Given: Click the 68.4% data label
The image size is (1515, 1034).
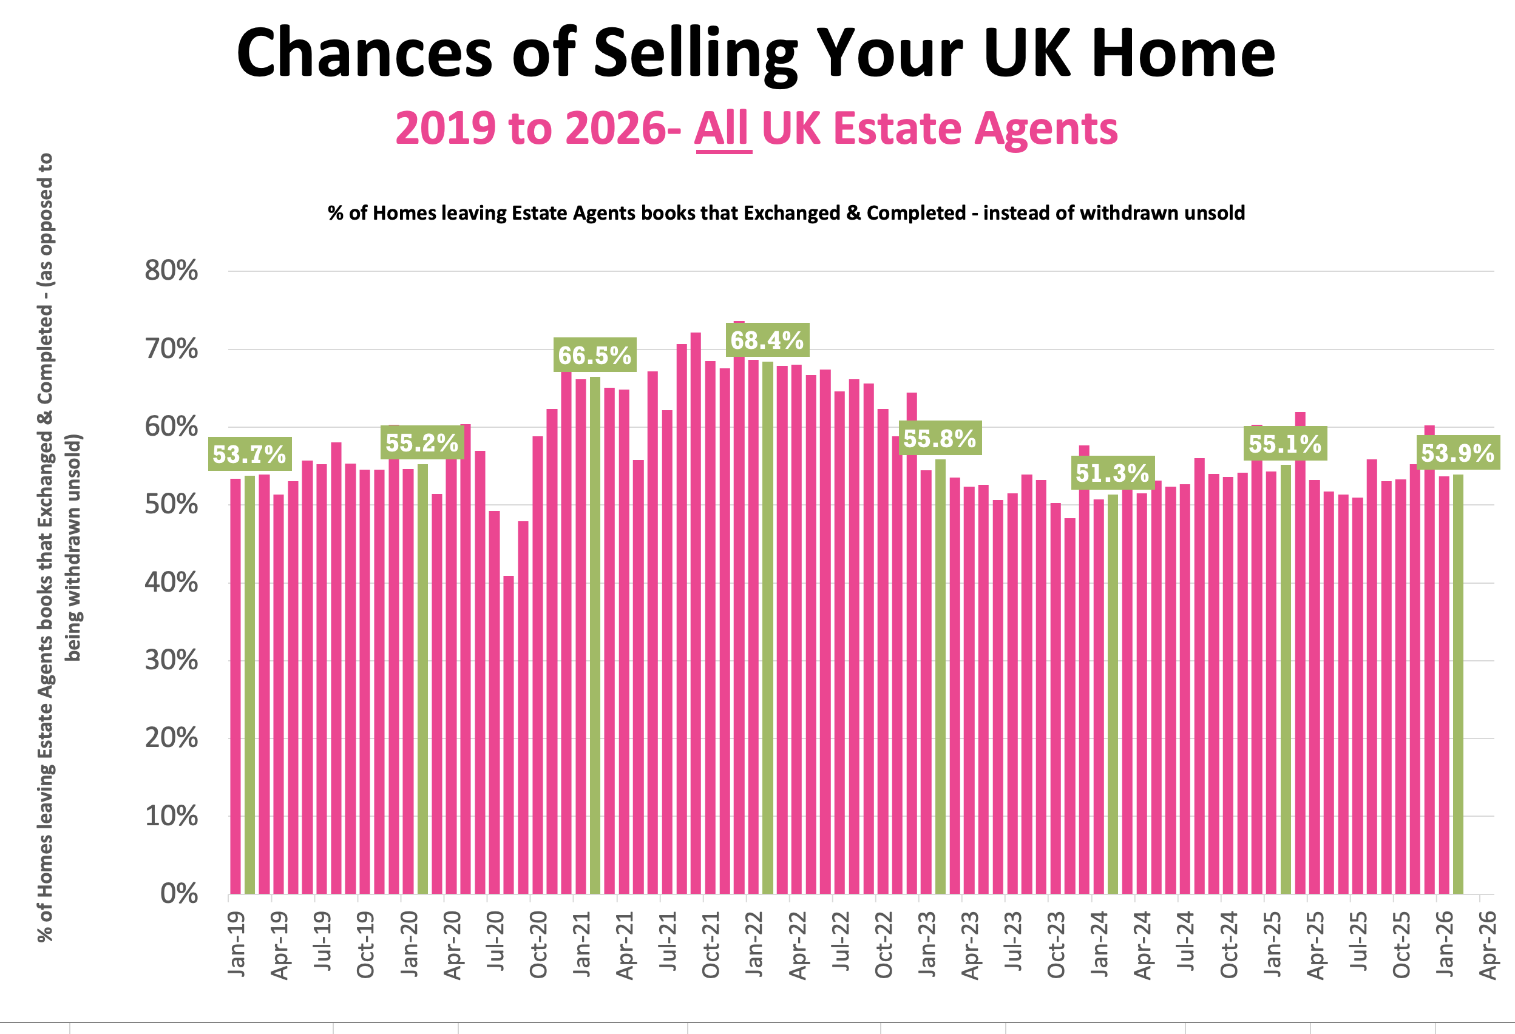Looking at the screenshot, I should [767, 340].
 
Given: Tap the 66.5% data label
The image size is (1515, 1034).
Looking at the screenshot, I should [594, 356].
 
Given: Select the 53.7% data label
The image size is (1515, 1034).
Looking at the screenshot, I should [249, 454].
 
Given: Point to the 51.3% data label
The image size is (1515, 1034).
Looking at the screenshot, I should [1112, 473].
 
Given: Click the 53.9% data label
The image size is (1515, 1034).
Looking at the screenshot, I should [1457, 453].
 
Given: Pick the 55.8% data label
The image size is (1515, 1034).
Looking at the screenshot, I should [940, 439].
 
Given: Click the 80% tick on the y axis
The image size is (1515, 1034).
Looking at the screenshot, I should [171, 271].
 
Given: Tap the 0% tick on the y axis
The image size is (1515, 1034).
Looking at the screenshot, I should [179, 893].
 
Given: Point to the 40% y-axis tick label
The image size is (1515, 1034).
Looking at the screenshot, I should [171, 583].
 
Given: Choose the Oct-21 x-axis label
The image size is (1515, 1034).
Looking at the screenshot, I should [711, 945].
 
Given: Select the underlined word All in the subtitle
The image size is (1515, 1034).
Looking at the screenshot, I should [723, 129].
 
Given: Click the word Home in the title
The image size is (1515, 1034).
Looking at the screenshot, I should [1183, 53].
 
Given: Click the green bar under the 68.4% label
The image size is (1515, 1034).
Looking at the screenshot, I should [768, 626].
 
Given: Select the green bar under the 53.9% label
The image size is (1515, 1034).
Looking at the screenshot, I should [1457, 684].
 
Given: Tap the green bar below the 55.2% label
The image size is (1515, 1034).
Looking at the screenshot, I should [422, 678].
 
